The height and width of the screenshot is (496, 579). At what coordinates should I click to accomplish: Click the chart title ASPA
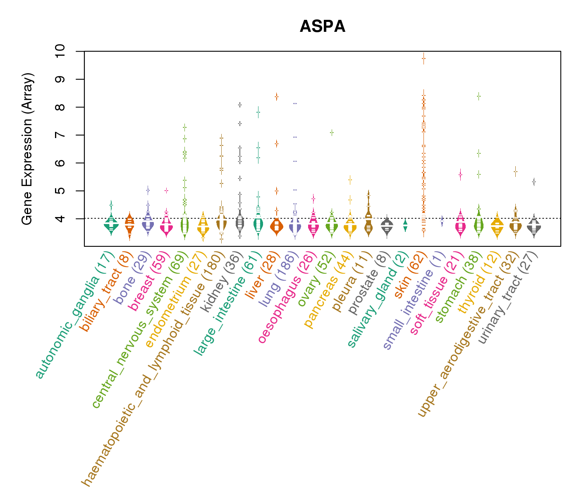click(322, 27)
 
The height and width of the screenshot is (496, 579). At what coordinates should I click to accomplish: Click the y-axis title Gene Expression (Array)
click(27, 149)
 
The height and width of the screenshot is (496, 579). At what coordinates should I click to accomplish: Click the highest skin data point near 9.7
click(423, 59)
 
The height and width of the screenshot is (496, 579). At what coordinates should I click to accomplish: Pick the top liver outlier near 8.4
click(277, 97)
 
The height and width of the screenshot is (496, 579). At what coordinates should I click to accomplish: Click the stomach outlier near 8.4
click(479, 96)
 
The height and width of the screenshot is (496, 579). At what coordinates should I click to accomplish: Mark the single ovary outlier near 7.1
click(332, 132)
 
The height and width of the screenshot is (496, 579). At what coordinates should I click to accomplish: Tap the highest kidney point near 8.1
click(240, 105)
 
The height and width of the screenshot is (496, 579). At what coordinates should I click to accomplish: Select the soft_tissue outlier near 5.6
click(460, 174)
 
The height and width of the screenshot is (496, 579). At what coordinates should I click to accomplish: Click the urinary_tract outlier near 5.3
click(534, 182)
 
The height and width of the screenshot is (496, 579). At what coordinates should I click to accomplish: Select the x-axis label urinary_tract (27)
click(509, 298)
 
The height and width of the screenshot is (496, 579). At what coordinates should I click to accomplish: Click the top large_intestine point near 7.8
click(258, 112)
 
